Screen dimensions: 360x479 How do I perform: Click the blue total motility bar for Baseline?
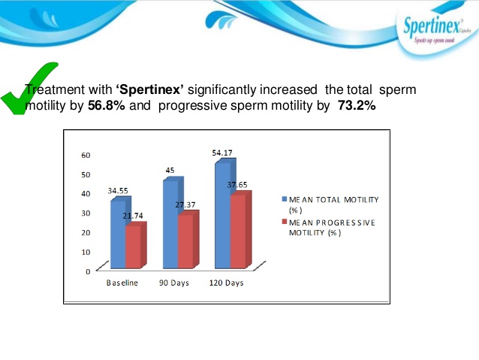click(117, 234)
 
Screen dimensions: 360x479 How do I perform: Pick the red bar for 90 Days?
click(185, 241)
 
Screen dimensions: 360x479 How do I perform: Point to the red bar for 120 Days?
click(238, 231)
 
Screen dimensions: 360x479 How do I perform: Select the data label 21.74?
click(133, 215)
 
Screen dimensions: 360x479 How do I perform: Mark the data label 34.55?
click(119, 191)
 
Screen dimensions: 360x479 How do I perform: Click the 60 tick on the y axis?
click(86, 156)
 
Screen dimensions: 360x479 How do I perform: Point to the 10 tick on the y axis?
click(86, 252)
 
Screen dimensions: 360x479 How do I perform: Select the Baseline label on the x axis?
click(122, 283)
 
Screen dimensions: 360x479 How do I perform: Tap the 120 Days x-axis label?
click(226, 283)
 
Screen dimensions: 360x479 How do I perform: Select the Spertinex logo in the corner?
click(436, 32)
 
